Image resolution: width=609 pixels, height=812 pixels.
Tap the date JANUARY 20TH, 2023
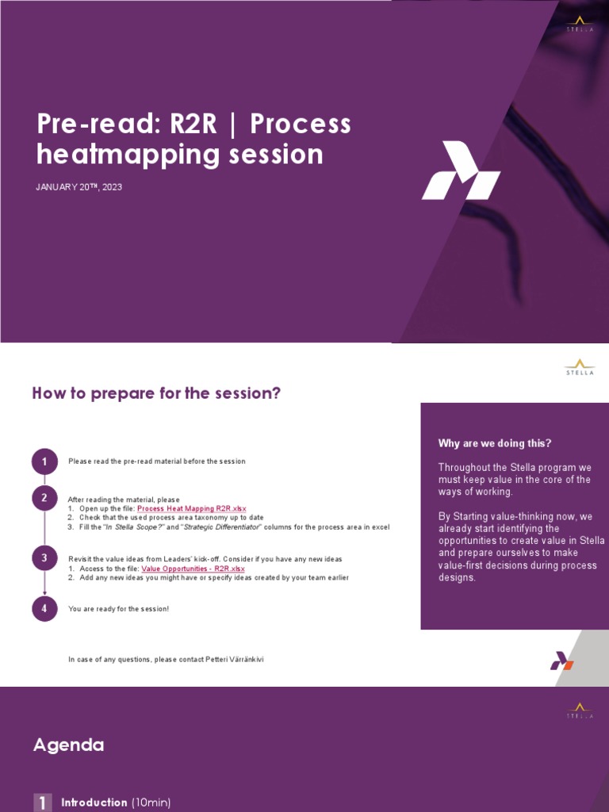(x=79, y=187)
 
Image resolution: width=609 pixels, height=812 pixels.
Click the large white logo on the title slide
(x=461, y=170)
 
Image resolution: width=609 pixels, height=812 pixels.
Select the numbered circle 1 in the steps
(x=44, y=462)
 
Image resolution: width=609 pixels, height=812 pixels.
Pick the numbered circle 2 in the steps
(x=44, y=498)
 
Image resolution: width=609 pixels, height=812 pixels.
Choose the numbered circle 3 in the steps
(x=44, y=559)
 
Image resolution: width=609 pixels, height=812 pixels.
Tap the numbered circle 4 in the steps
(x=44, y=608)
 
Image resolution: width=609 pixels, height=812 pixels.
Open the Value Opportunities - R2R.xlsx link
(x=193, y=569)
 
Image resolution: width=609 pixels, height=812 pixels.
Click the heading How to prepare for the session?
(x=156, y=393)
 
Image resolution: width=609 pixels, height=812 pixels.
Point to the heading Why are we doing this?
(x=495, y=443)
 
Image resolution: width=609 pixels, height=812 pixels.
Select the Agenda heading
(x=68, y=745)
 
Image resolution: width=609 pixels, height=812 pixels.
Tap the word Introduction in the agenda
(x=94, y=802)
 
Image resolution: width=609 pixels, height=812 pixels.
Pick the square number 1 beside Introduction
(x=42, y=802)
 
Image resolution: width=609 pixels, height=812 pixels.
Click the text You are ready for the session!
(x=119, y=609)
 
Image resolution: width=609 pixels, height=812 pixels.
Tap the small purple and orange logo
(x=561, y=661)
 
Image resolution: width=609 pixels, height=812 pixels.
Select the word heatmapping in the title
(x=127, y=154)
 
